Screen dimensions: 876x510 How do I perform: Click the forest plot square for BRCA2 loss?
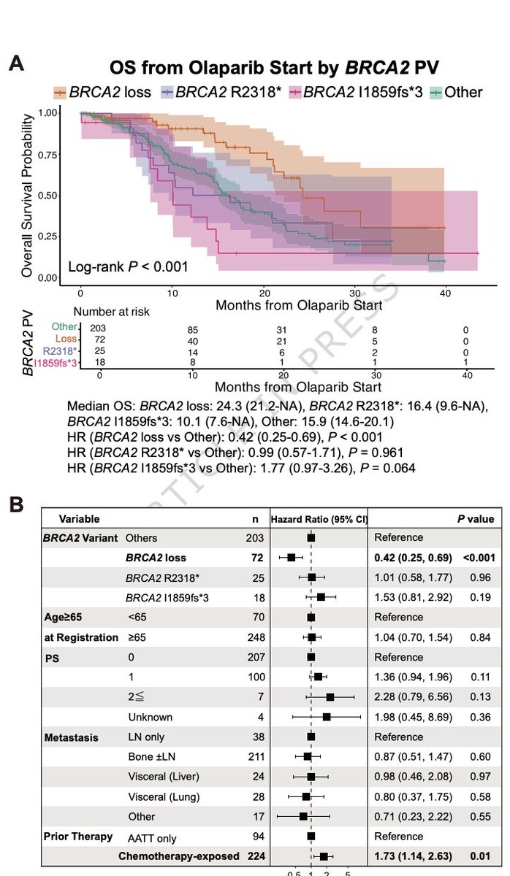pyautogui.click(x=292, y=558)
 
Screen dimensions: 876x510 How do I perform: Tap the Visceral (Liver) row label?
pyautogui.click(x=162, y=776)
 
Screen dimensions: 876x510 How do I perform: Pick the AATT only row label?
pyautogui.click(x=151, y=839)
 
